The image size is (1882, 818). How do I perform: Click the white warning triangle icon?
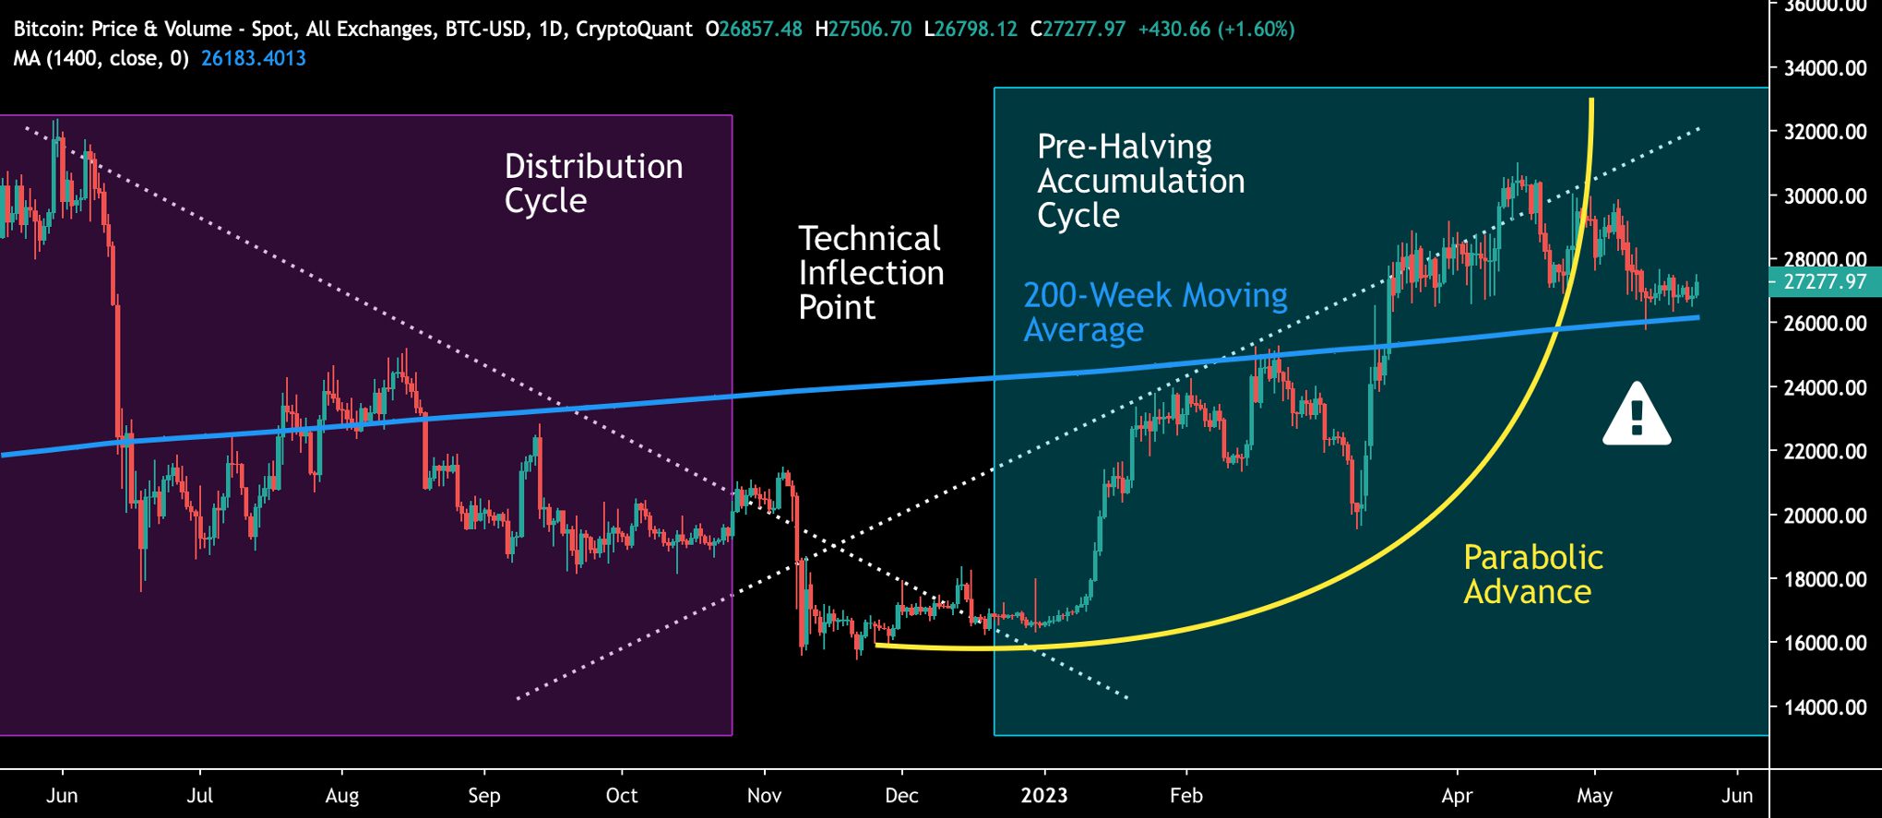click(1637, 416)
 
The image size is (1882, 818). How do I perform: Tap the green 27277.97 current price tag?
click(1825, 282)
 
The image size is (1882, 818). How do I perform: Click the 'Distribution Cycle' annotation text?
click(593, 184)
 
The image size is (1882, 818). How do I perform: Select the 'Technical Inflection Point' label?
click(870, 273)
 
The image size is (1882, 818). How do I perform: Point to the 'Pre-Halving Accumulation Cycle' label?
click(1140, 181)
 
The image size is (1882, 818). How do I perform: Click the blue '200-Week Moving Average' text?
click(1155, 312)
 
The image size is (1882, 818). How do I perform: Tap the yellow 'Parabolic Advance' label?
click(1532, 574)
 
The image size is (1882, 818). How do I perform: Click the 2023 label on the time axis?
click(1043, 795)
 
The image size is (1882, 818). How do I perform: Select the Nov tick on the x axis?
click(764, 795)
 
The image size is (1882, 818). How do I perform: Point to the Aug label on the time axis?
click(341, 795)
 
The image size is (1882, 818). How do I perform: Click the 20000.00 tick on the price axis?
click(1825, 516)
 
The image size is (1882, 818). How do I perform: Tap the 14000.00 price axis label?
click(1825, 707)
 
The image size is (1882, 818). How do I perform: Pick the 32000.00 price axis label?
click(1825, 132)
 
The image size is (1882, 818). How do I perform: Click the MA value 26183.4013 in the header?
click(254, 59)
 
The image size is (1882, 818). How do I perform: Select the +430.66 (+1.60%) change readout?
click(1216, 30)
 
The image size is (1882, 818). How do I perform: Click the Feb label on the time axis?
click(1185, 795)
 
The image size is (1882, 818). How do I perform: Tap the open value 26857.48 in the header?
click(760, 30)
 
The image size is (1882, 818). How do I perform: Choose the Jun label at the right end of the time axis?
click(1736, 795)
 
